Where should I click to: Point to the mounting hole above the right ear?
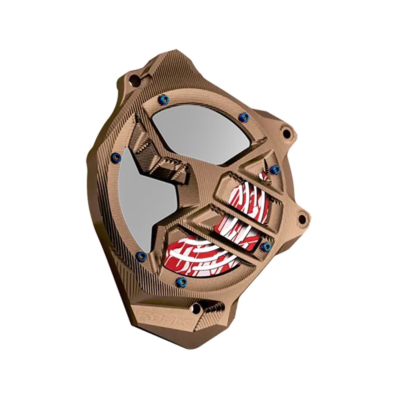tap(286, 133)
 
